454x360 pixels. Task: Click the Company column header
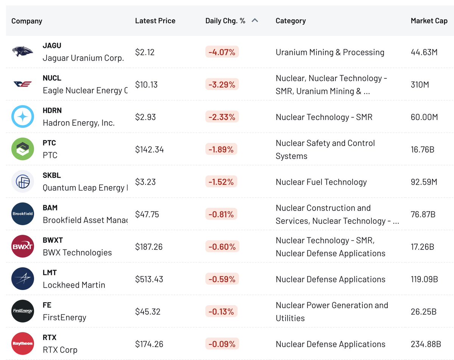tap(27, 21)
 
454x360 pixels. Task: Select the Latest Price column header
tap(155, 21)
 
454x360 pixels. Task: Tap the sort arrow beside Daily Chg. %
tap(255, 20)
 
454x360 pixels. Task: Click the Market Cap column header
tap(429, 21)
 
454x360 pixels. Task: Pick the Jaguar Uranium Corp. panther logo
tap(22, 51)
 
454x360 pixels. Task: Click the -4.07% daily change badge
tap(222, 52)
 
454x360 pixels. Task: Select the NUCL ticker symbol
tap(52, 78)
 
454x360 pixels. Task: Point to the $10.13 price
tap(146, 84)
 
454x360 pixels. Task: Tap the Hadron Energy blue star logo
tap(23, 117)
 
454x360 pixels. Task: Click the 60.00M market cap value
tap(424, 117)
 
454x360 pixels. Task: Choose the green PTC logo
tap(23, 149)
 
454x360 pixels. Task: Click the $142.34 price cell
tap(150, 149)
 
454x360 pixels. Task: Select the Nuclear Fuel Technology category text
tap(321, 182)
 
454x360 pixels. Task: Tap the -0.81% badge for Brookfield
tap(222, 214)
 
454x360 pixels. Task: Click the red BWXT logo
tap(23, 246)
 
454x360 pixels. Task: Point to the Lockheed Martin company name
tap(74, 285)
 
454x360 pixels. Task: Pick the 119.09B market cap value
tap(424, 279)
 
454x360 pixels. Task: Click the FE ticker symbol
tap(47, 305)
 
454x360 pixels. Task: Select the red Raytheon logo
tap(23, 343)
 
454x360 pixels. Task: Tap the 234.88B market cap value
tap(426, 344)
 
